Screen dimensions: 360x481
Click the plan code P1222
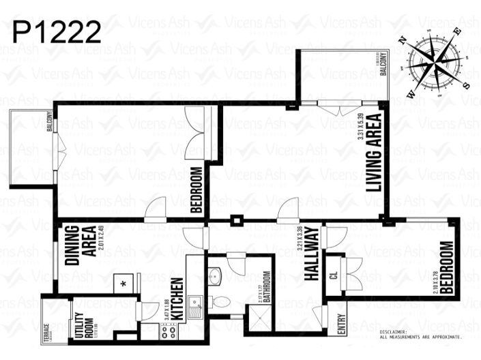pyautogui.click(x=57, y=31)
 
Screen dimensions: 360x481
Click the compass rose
pyautogui.click(x=435, y=59)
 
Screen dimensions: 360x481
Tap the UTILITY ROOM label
pyautogui.click(x=81, y=325)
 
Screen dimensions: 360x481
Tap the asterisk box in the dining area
pyautogui.click(x=123, y=282)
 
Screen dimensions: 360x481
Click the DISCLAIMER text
pyautogui.click(x=421, y=334)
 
